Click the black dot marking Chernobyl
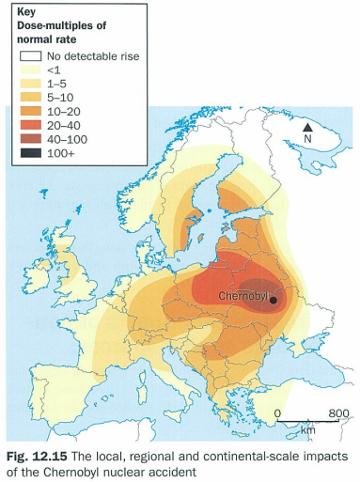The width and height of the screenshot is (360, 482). click(x=274, y=299)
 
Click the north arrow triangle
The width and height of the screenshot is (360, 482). click(x=307, y=127)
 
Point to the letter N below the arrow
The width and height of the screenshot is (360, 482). click(x=307, y=140)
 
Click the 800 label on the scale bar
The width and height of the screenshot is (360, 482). click(x=337, y=413)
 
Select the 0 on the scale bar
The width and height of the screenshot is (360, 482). click(x=278, y=413)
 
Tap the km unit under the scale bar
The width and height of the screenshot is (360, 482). click(x=307, y=429)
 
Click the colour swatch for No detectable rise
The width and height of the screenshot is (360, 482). click(x=31, y=56)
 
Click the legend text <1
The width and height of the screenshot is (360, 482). click(x=55, y=71)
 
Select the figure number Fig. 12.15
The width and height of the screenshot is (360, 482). click(x=35, y=455)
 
